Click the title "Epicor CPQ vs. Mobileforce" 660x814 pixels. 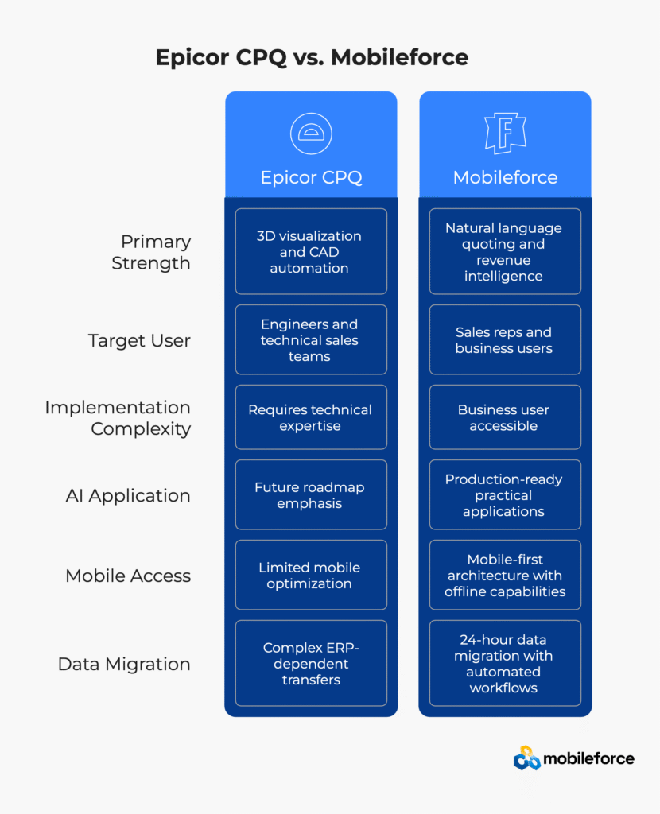tap(311, 58)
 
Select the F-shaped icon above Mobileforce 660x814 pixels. tap(505, 133)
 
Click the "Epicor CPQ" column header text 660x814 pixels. tap(311, 177)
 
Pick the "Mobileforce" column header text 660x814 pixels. tap(505, 177)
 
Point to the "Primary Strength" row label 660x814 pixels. tap(151, 252)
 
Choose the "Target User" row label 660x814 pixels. tap(139, 340)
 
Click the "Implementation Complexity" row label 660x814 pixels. tap(118, 418)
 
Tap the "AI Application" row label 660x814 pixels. tap(128, 495)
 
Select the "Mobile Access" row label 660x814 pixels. tap(128, 576)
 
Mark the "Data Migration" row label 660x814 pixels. tap(124, 664)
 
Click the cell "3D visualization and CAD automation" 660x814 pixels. tap(311, 252)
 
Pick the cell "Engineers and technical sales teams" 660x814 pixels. tap(311, 340)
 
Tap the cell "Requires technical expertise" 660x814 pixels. tap(311, 418)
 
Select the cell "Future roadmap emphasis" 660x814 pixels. tap(311, 495)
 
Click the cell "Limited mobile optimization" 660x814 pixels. tap(311, 576)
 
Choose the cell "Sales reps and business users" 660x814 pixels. tap(505, 340)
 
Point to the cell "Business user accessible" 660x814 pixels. tap(505, 418)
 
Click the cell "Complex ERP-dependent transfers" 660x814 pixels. tap(311, 664)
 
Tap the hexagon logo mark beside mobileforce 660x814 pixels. tap(526, 758)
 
